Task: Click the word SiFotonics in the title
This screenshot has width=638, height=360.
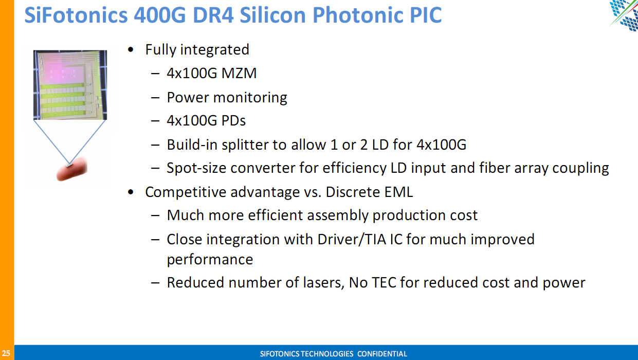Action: point(76,15)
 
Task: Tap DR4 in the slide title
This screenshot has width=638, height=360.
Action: point(213,15)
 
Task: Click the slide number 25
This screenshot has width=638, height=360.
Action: point(6,353)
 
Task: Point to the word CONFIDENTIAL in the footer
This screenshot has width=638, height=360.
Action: point(382,354)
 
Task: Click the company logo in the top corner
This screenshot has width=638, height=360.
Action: point(624,15)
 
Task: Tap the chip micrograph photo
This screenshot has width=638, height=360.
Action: point(70,85)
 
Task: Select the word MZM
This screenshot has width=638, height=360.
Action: point(239,73)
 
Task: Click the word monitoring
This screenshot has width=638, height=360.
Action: point(250,98)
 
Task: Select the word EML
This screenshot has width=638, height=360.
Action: point(398,192)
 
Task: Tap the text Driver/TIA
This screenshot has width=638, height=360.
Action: point(352,239)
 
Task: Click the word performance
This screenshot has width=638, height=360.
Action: point(210,260)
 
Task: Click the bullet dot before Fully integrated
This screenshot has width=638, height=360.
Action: point(131,50)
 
